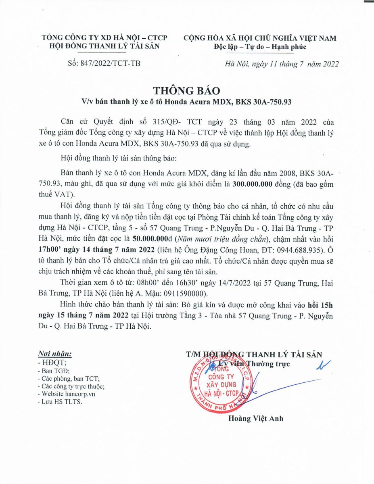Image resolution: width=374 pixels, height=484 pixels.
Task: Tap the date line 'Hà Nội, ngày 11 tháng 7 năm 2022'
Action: coord(281,64)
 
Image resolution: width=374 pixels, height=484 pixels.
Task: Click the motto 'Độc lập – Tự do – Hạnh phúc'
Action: coord(260,47)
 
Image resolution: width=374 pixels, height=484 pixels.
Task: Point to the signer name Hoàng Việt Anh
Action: coord(256,418)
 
